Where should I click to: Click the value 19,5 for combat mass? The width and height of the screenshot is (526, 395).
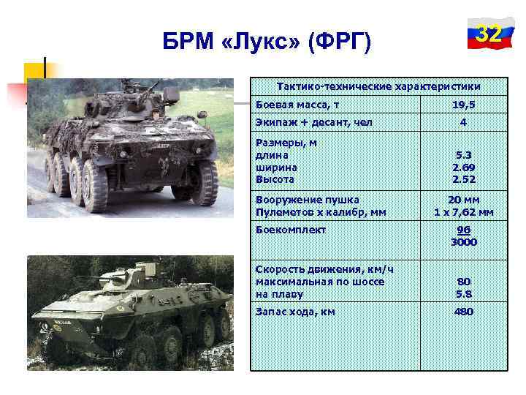463,105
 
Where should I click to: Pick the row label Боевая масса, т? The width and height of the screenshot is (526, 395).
297,105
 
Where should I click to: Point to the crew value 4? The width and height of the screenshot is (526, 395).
463,122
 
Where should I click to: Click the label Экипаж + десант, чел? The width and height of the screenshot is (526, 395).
314,122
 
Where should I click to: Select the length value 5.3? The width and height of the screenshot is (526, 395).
463,155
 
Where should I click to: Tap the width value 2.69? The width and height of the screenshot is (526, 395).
463,167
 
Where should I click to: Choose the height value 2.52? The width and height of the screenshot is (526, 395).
463,178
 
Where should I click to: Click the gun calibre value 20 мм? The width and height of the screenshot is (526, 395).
463,200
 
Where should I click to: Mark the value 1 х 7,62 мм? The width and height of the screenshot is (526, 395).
463,212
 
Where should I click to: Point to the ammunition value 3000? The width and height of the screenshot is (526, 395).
463,241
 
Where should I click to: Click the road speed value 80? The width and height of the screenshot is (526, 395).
463,282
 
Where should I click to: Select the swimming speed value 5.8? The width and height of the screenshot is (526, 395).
463,293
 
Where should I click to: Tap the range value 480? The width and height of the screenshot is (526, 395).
463,312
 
